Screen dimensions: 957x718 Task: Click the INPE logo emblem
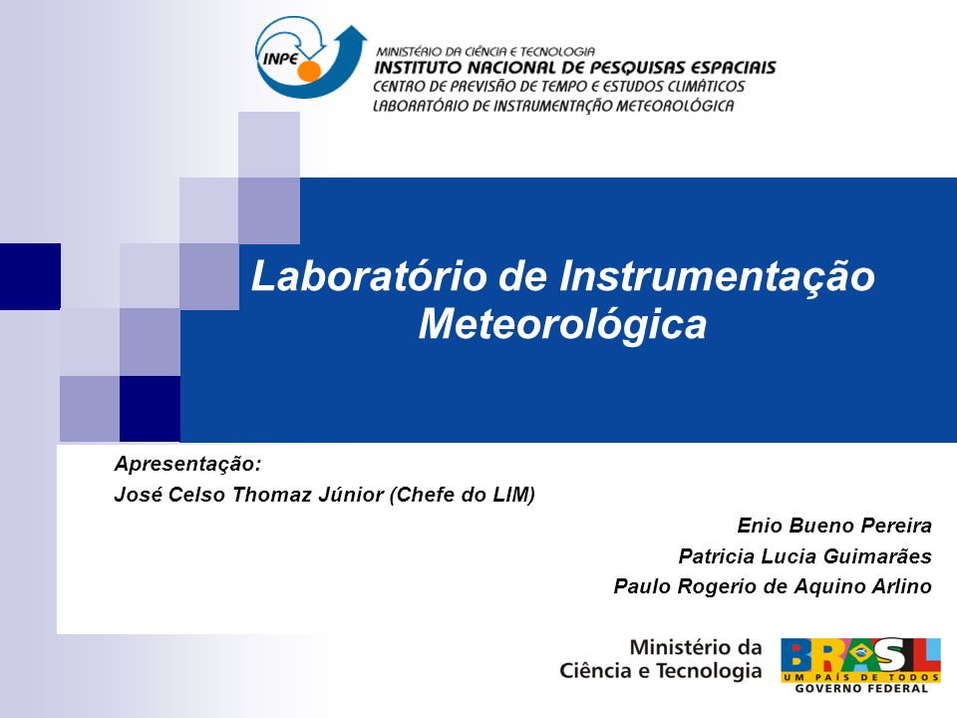[x=311, y=58]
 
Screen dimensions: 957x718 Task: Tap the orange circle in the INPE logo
[x=309, y=71]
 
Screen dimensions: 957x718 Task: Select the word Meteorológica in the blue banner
[x=562, y=325]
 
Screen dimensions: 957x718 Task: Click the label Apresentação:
[x=188, y=465]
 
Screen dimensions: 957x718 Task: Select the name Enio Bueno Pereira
[x=834, y=526]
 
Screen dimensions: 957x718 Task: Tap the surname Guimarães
[x=877, y=556]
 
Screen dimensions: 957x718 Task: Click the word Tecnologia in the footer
[x=709, y=671]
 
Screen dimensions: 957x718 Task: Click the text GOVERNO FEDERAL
[x=861, y=688]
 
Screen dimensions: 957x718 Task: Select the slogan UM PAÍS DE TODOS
[x=861, y=677]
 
